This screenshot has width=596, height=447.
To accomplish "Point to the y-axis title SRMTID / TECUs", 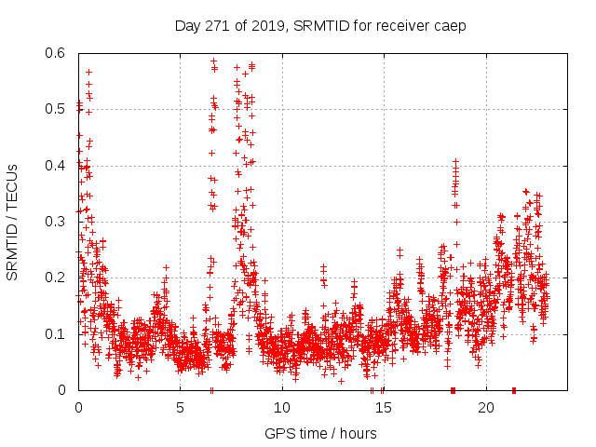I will [x=12, y=222].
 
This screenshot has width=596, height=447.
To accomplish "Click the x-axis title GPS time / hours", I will [x=320, y=433].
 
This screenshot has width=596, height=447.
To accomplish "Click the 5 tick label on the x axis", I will [x=180, y=408].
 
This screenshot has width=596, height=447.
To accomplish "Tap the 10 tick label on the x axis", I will [x=282, y=408].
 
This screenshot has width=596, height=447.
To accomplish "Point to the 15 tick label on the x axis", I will [x=384, y=408].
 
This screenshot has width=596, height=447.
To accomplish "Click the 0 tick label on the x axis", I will [x=78, y=408].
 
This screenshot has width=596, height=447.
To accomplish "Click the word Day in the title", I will [x=187, y=26].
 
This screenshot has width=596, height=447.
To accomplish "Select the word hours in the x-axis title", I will [x=358, y=433].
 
